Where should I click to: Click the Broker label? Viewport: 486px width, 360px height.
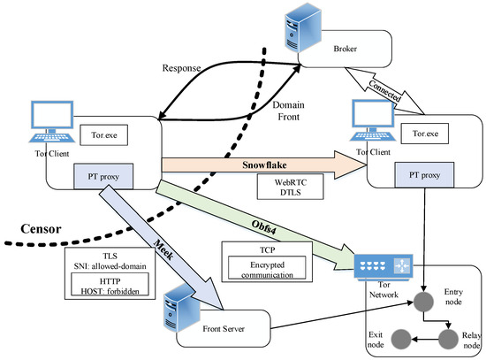coord(345,49)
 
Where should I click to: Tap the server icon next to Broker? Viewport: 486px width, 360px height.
coord(302,27)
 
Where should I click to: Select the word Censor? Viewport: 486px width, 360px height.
coord(41,229)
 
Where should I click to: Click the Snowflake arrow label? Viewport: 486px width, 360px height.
coord(264,165)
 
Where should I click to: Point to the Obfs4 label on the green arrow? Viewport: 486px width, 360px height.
coord(263,227)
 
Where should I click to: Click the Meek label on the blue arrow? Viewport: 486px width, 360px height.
coord(164,249)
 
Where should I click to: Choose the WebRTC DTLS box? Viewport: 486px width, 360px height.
coord(291,187)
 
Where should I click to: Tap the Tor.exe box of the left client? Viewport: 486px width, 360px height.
coord(104,135)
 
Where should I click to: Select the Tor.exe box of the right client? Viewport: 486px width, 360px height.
coord(425,134)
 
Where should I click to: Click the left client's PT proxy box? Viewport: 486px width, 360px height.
coord(103,176)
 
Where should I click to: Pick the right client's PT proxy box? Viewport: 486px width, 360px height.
coord(424,175)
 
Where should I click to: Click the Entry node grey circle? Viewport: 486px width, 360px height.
coord(423,302)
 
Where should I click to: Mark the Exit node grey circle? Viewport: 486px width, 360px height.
coord(401,340)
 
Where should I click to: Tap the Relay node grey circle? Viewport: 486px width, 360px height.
coord(448,340)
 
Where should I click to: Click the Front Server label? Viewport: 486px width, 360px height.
coord(224,329)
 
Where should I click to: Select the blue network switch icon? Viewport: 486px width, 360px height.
coord(383,266)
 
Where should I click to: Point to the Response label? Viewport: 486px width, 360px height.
coord(182,68)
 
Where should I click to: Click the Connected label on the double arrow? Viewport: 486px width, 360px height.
coord(384,90)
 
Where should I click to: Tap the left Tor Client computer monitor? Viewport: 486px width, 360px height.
coord(52,114)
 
